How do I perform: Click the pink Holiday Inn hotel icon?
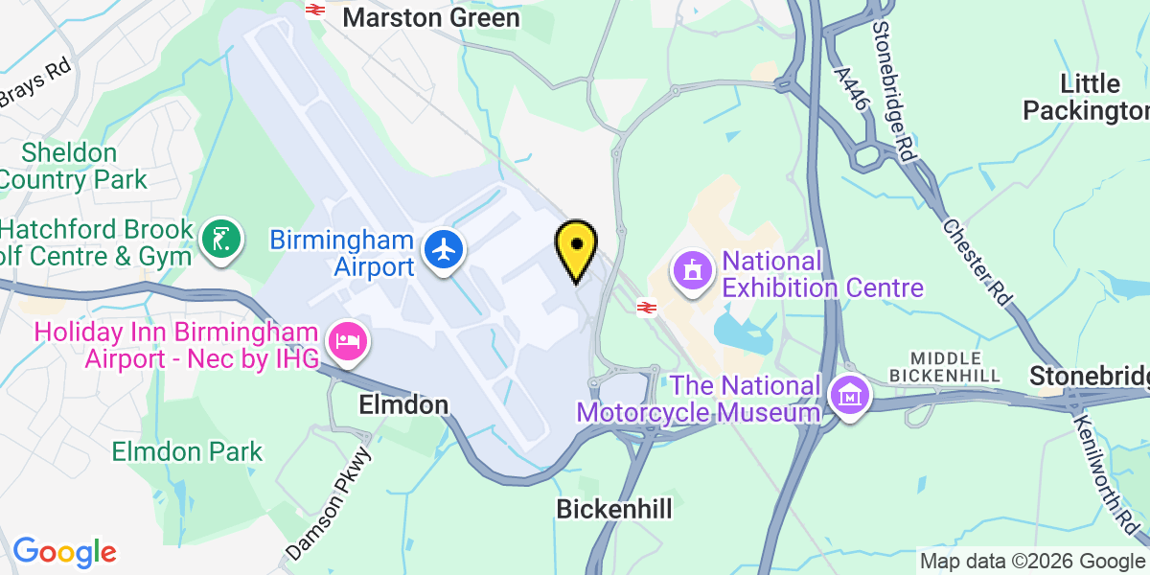(x=346, y=341)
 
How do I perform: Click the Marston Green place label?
(x=431, y=17)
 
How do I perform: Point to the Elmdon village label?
(x=403, y=405)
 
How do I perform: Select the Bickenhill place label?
(x=614, y=509)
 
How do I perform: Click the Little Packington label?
(x=1086, y=97)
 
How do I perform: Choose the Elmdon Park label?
(x=187, y=451)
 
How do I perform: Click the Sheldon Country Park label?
(x=73, y=166)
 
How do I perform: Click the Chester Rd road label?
(x=977, y=262)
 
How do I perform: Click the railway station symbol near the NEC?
(x=647, y=308)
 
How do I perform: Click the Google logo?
(x=64, y=552)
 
